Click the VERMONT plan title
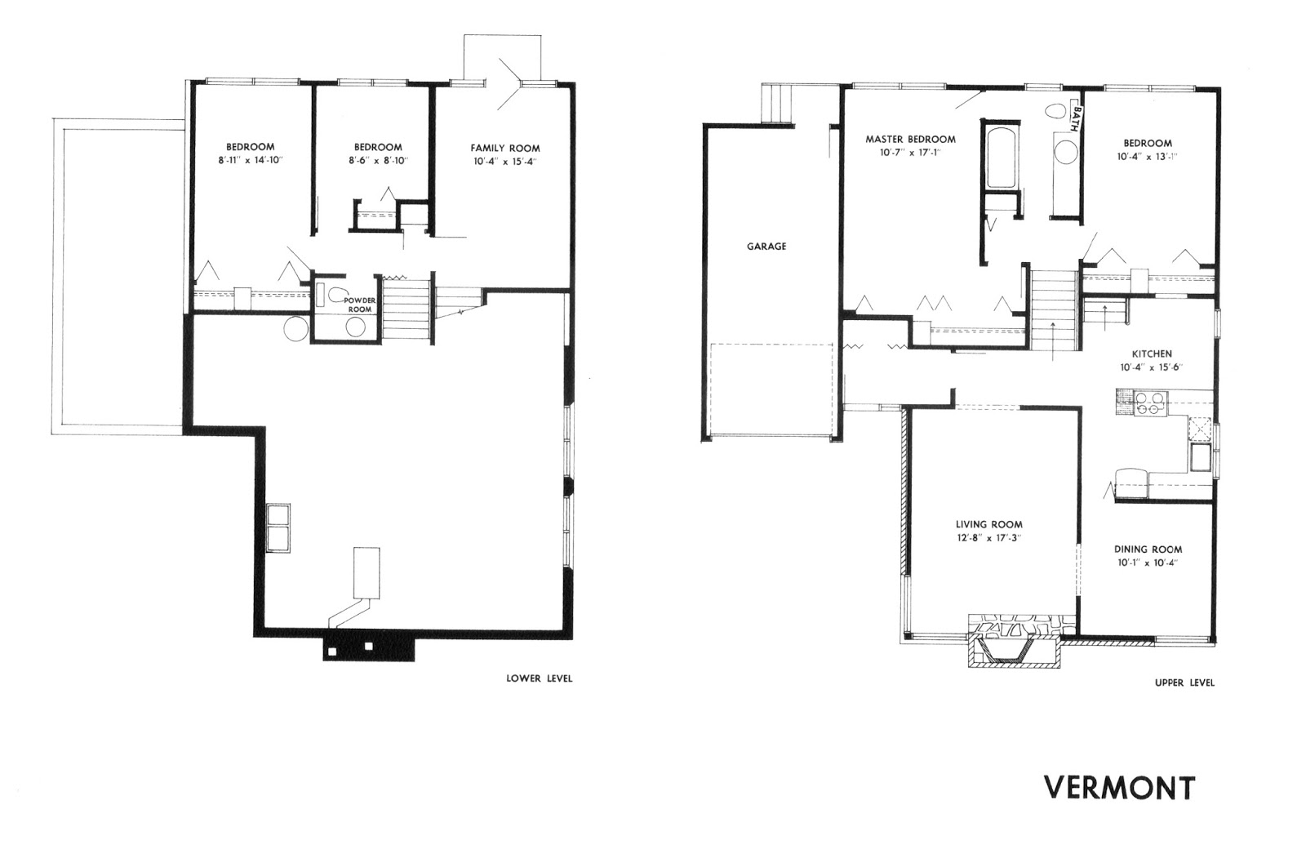pos(1119,787)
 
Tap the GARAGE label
pos(766,246)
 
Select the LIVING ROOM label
pos(988,524)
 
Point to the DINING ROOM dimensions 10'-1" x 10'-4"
pos(1148,563)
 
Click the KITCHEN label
pos(1152,354)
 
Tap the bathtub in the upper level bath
pos(1001,155)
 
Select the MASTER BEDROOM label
pos(910,140)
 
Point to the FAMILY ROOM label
pos(505,148)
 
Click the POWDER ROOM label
pos(360,305)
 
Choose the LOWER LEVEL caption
pos(540,679)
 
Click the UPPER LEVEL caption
pos(1184,683)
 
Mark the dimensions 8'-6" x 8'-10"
pos(378,160)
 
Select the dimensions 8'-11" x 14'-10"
pos(250,160)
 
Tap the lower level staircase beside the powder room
pos(406,309)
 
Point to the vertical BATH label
pos(1077,119)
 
